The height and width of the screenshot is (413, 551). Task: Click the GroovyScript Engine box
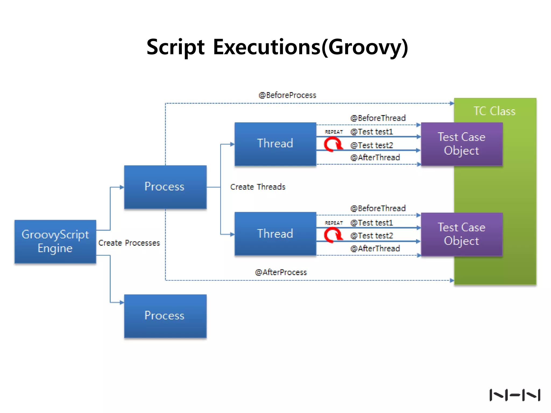pyautogui.click(x=55, y=241)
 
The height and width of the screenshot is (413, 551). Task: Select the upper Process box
pyautogui.click(x=165, y=187)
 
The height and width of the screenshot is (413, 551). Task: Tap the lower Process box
pyautogui.click(x=165, y=316)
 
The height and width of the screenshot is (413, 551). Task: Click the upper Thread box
pyautogui.click(x=275, y=144)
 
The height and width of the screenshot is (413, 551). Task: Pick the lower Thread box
pyautogui.click(x=275, y=234)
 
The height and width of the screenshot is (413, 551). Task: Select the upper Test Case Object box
pyautogui.click(x=462, y=144)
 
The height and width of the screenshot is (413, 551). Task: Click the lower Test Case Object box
pyautogui.click(x=462, y=234)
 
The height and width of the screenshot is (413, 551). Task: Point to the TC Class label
pyautogui.click(x=495, y=111)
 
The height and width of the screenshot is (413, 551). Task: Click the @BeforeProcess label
pyautogui.click(x=287, y=95)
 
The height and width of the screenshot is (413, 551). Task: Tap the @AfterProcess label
pyautogui.click(x=281, y=272)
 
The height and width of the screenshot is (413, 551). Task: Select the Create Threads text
pyautogui.click(x=258, y=187)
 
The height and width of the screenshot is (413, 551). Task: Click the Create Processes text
pyautogui.click(x=129, y=243)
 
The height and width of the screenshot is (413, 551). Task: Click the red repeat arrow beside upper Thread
pyautogui.click(x=333, y=144)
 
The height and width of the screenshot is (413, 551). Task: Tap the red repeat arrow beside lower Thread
pyautogui.click(x=333, y=235)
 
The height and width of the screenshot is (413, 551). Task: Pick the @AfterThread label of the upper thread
pyautogui.click(x=375, y=158)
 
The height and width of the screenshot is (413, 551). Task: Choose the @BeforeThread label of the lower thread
pyautogui.click(x=378, y=208)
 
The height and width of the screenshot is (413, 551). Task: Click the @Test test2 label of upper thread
pyautogui.click(x=372, y=145)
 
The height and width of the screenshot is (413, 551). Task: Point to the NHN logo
pyautogui.click(x=515, y=395)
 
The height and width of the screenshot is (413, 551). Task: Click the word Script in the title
pyautogui.click(x=175, y=47)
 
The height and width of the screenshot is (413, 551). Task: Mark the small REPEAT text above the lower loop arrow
pyautogui.click(x=334, y=223)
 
